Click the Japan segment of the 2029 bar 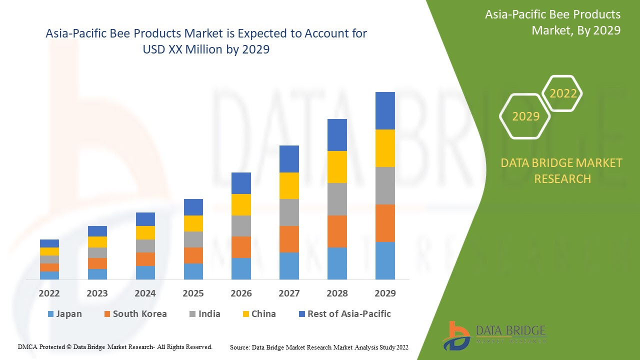(385, 260)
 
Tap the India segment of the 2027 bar (289, 212)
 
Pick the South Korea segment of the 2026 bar (241, 247)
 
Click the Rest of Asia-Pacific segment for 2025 (193, 207)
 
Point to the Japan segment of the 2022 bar (49, 275)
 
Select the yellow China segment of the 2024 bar (145, 232)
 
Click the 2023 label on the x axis (97, 293)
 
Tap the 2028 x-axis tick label (337, 293)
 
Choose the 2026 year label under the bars (241, 293)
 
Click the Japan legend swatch (50, 314)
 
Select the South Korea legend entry (135, 314)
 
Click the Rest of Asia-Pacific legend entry (344, 314)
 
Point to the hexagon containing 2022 (563, 93)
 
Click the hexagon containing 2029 (525, 116)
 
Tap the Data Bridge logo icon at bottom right (455, 335)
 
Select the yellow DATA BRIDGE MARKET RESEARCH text (562, 170)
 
